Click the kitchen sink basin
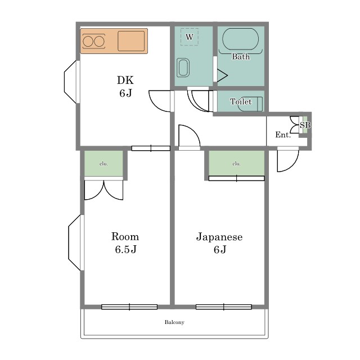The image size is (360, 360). [131, 41]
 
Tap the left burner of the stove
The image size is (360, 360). [88, 42]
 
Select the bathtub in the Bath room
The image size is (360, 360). [240, 39]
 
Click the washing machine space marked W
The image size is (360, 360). [190, 37]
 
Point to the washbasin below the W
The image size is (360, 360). [183, 67]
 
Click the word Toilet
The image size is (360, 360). [241, 101]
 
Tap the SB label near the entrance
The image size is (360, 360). [305, 125]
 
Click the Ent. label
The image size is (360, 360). [283, 134]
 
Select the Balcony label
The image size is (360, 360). [174, 322]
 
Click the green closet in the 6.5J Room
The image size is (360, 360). [103, 164]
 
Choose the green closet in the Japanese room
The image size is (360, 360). [236, 163]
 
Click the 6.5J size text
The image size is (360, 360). [126, 249]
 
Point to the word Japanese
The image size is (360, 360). [219, 237]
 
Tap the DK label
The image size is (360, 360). [125, 80]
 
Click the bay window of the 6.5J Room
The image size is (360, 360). [75, 242]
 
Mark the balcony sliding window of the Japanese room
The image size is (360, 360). [224, 307]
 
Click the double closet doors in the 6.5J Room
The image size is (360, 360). [103, 190]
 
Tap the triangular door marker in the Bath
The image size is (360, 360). [222, 75]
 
